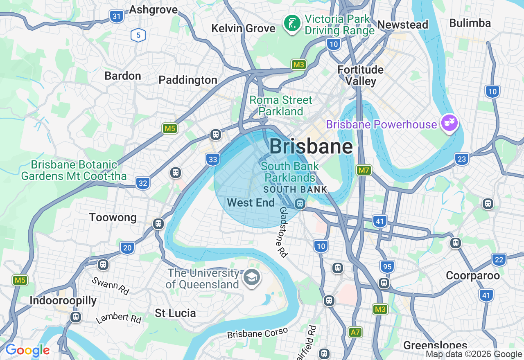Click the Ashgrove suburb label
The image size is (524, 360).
[x=153, y=10]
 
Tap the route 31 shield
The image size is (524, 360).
[x=117, y=16]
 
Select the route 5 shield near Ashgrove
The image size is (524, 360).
[x=138, y=35]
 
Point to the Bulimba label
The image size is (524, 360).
[x=470, y=23]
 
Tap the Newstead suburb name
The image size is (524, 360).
[x=402, y=25]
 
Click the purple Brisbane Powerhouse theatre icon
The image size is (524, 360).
[x=449, y=122]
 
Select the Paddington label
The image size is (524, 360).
[x=188, y=80]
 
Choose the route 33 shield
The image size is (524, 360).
[x=213, y=160]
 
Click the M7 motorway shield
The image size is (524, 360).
[x=364, y=170]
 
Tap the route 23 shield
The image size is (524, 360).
[x=461, y=159]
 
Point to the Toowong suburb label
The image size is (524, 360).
[x=113, y=217]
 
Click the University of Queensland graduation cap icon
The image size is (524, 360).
[x=251, y=278]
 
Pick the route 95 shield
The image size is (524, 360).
[x=387, y=267]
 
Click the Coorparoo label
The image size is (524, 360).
[x=473, y=276]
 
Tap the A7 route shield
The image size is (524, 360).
[x=355, y=332]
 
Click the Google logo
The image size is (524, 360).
[x=27, y=351]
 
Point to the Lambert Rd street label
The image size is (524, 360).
[x=119, y=318]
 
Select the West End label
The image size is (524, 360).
[x=251, y=202]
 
